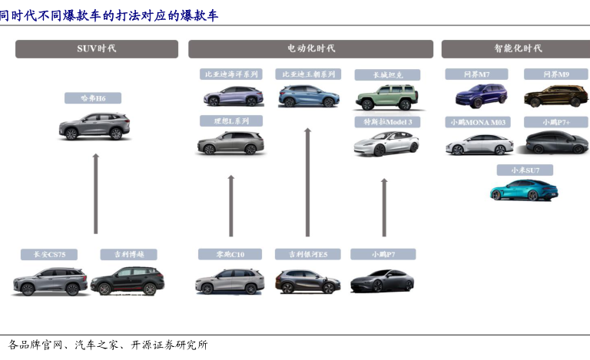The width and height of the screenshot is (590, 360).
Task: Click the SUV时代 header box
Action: (x=96, y=48)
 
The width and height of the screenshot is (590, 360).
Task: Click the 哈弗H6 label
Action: (x=96, y=97)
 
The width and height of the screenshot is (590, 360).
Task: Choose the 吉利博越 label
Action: (x=128, y=254)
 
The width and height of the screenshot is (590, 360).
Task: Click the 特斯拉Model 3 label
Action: (x=387, y=121)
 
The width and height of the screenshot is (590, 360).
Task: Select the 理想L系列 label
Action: (x=230, y=121)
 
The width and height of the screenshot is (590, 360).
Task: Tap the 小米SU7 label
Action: (x=524, y=170)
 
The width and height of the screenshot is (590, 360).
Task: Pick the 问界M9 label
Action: (x=555, y=74)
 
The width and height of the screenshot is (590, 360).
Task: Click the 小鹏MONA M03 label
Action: (x=479, y=121)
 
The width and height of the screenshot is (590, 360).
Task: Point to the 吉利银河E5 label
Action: (x=307, y=254)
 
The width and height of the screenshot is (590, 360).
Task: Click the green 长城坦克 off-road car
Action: (x=386, y=97)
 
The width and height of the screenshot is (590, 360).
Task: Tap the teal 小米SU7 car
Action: (x=524, y=190)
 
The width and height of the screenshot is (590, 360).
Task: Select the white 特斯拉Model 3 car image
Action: (x=386, y=144)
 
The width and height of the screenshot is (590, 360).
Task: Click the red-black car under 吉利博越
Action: (x=128, y=280)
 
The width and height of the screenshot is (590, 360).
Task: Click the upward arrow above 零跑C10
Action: (x=230, y=205)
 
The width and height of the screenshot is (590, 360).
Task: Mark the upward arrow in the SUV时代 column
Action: (x=96, y=192)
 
